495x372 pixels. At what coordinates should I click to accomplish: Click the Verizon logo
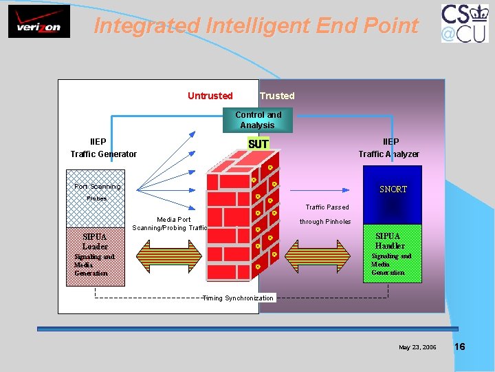[x=38, y=23]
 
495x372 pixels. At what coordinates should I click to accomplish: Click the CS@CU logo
[x=465, y=23]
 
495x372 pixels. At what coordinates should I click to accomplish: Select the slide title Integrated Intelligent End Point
[x=256, y=26]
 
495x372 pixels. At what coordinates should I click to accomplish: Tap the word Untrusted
[x=210, y=96]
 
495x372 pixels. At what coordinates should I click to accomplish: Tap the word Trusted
[x=277, y=96]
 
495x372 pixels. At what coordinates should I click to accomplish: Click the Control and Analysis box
[x=258, y=120]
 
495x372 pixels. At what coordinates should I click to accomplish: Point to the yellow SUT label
[x=258, y=144]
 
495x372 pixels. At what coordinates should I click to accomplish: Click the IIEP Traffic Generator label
[x=103, y=148]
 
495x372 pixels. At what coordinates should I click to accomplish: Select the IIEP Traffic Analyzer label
[x=389, y=148]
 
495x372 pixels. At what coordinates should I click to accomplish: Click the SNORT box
[x=393, y=189]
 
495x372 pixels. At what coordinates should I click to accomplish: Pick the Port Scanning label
[x=97, y=187]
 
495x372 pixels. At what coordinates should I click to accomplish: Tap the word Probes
[x=97, y=198]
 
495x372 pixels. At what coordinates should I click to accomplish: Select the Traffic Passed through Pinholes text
[x=327, y=214]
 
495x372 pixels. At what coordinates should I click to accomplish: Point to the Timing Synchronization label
[x=238, y=298]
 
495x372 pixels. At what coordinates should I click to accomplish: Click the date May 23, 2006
[x=417, y=347]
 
